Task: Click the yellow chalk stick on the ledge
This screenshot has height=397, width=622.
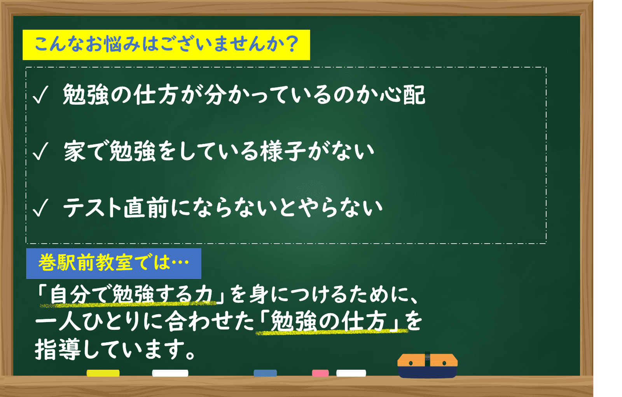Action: point(103,373)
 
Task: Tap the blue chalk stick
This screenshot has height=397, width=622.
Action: point(265,373)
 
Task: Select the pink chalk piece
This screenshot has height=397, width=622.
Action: point(320,373)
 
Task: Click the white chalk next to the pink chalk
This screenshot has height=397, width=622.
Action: point(351,373)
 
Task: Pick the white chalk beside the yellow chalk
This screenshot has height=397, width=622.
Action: point(170,373)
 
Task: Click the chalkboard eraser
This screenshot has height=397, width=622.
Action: point(427,366)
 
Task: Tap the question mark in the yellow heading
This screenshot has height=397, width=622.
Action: point(292,44)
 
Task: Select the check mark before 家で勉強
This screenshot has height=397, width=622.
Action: point(40,151)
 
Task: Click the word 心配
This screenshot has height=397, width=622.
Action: point(402,95)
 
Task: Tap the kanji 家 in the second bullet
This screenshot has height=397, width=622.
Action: point(75,151)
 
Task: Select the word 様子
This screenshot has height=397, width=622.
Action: point(283,151)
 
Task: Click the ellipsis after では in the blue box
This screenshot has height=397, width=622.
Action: point(180,263)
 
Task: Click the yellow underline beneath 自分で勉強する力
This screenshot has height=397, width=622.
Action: point(128,304)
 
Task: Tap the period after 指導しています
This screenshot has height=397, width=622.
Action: point(190,355)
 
